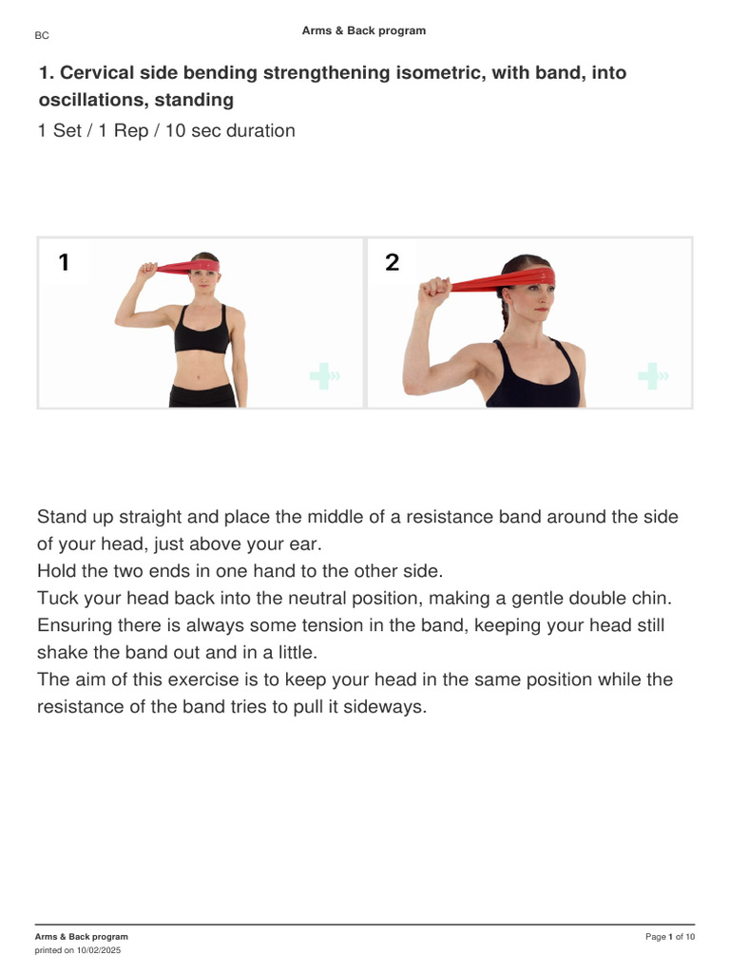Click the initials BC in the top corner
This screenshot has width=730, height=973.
pyautogui.click(x=42, y=36)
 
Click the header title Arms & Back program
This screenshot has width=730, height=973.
pyautogui.click(x=364, y=31)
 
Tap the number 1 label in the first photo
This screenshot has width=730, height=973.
pyautogui.click(x=64, y=263)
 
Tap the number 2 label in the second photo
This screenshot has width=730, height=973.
pyautogui.click(x=393, y=263)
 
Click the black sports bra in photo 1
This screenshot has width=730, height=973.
pyautogui.click(x=202, y=334)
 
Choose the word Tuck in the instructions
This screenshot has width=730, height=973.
pyautogui.click(x=56, y=599)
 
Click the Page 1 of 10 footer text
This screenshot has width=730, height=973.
pyautogui.click(x=670, y=937)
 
